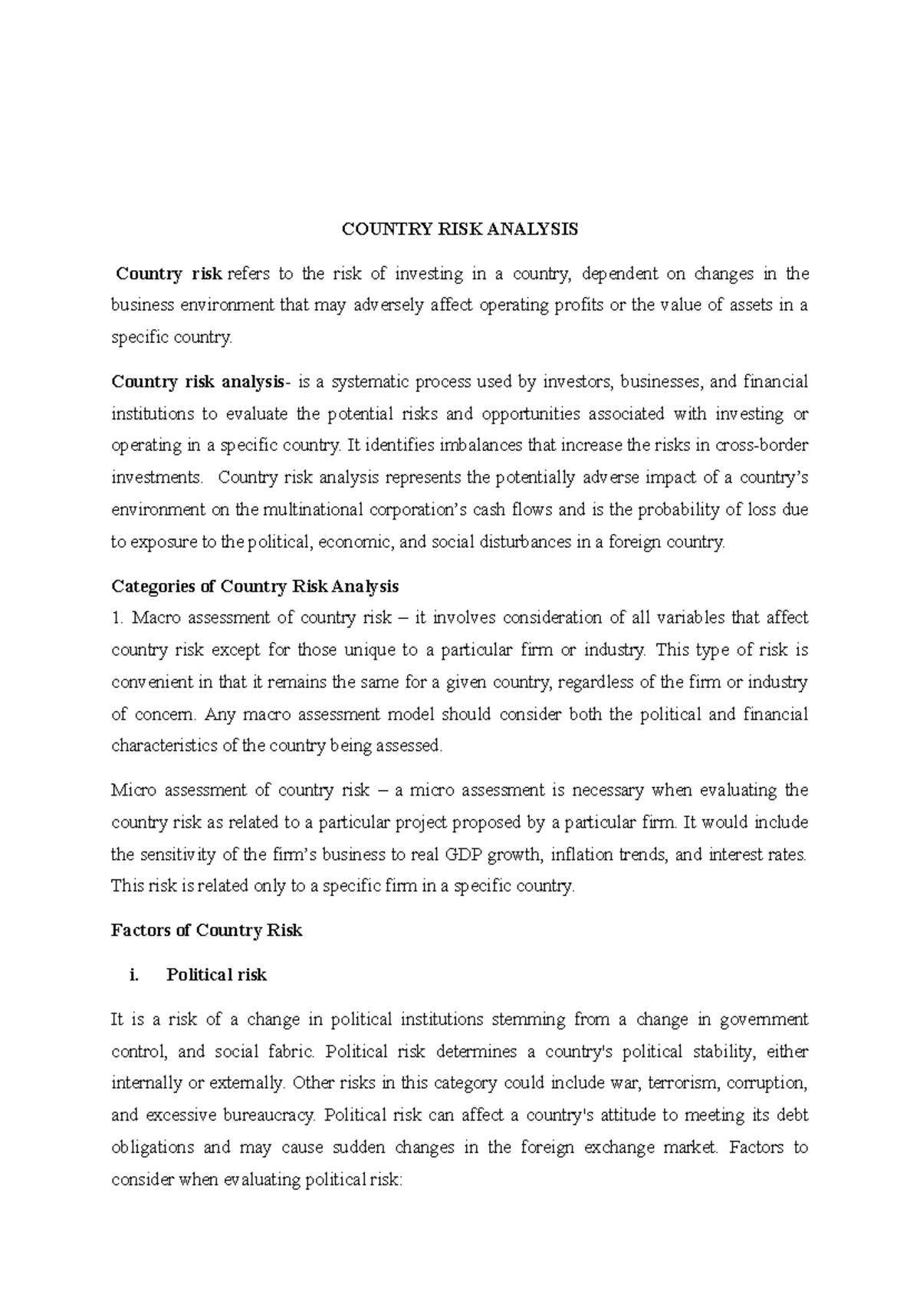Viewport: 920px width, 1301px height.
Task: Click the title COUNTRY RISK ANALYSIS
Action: [459, 229]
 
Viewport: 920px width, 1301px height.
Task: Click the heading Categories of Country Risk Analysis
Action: [255, 587]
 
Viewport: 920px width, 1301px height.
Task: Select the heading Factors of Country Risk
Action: [206, 930]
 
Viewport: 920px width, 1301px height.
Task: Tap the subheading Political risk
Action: [216, 975]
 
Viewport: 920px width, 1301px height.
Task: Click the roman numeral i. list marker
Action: [135, 975]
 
